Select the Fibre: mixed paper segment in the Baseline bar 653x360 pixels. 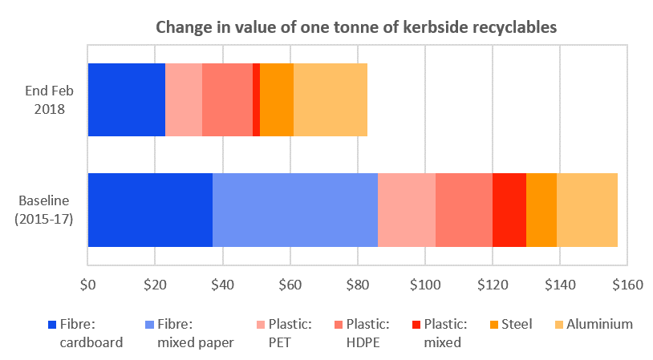tap(294, 209)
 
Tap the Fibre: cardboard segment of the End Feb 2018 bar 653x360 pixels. tap(126, 99)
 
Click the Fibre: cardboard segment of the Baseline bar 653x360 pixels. tap(150, 209)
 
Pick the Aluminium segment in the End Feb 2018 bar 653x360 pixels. tap(331, 99)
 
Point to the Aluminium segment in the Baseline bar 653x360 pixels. tap(587, 209)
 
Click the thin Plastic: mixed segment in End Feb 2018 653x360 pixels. tap(256, 99)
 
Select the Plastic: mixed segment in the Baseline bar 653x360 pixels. tap(509, 209)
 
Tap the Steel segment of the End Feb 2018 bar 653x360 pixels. tap(277, 99)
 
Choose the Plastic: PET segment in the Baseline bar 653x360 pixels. tap(407, 209)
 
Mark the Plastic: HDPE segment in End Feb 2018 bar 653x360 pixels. tap(227, 99)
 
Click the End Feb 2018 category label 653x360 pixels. tap(50, 99)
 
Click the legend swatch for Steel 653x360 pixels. tap(494, 325)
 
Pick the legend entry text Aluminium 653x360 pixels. tap(599, 325)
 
